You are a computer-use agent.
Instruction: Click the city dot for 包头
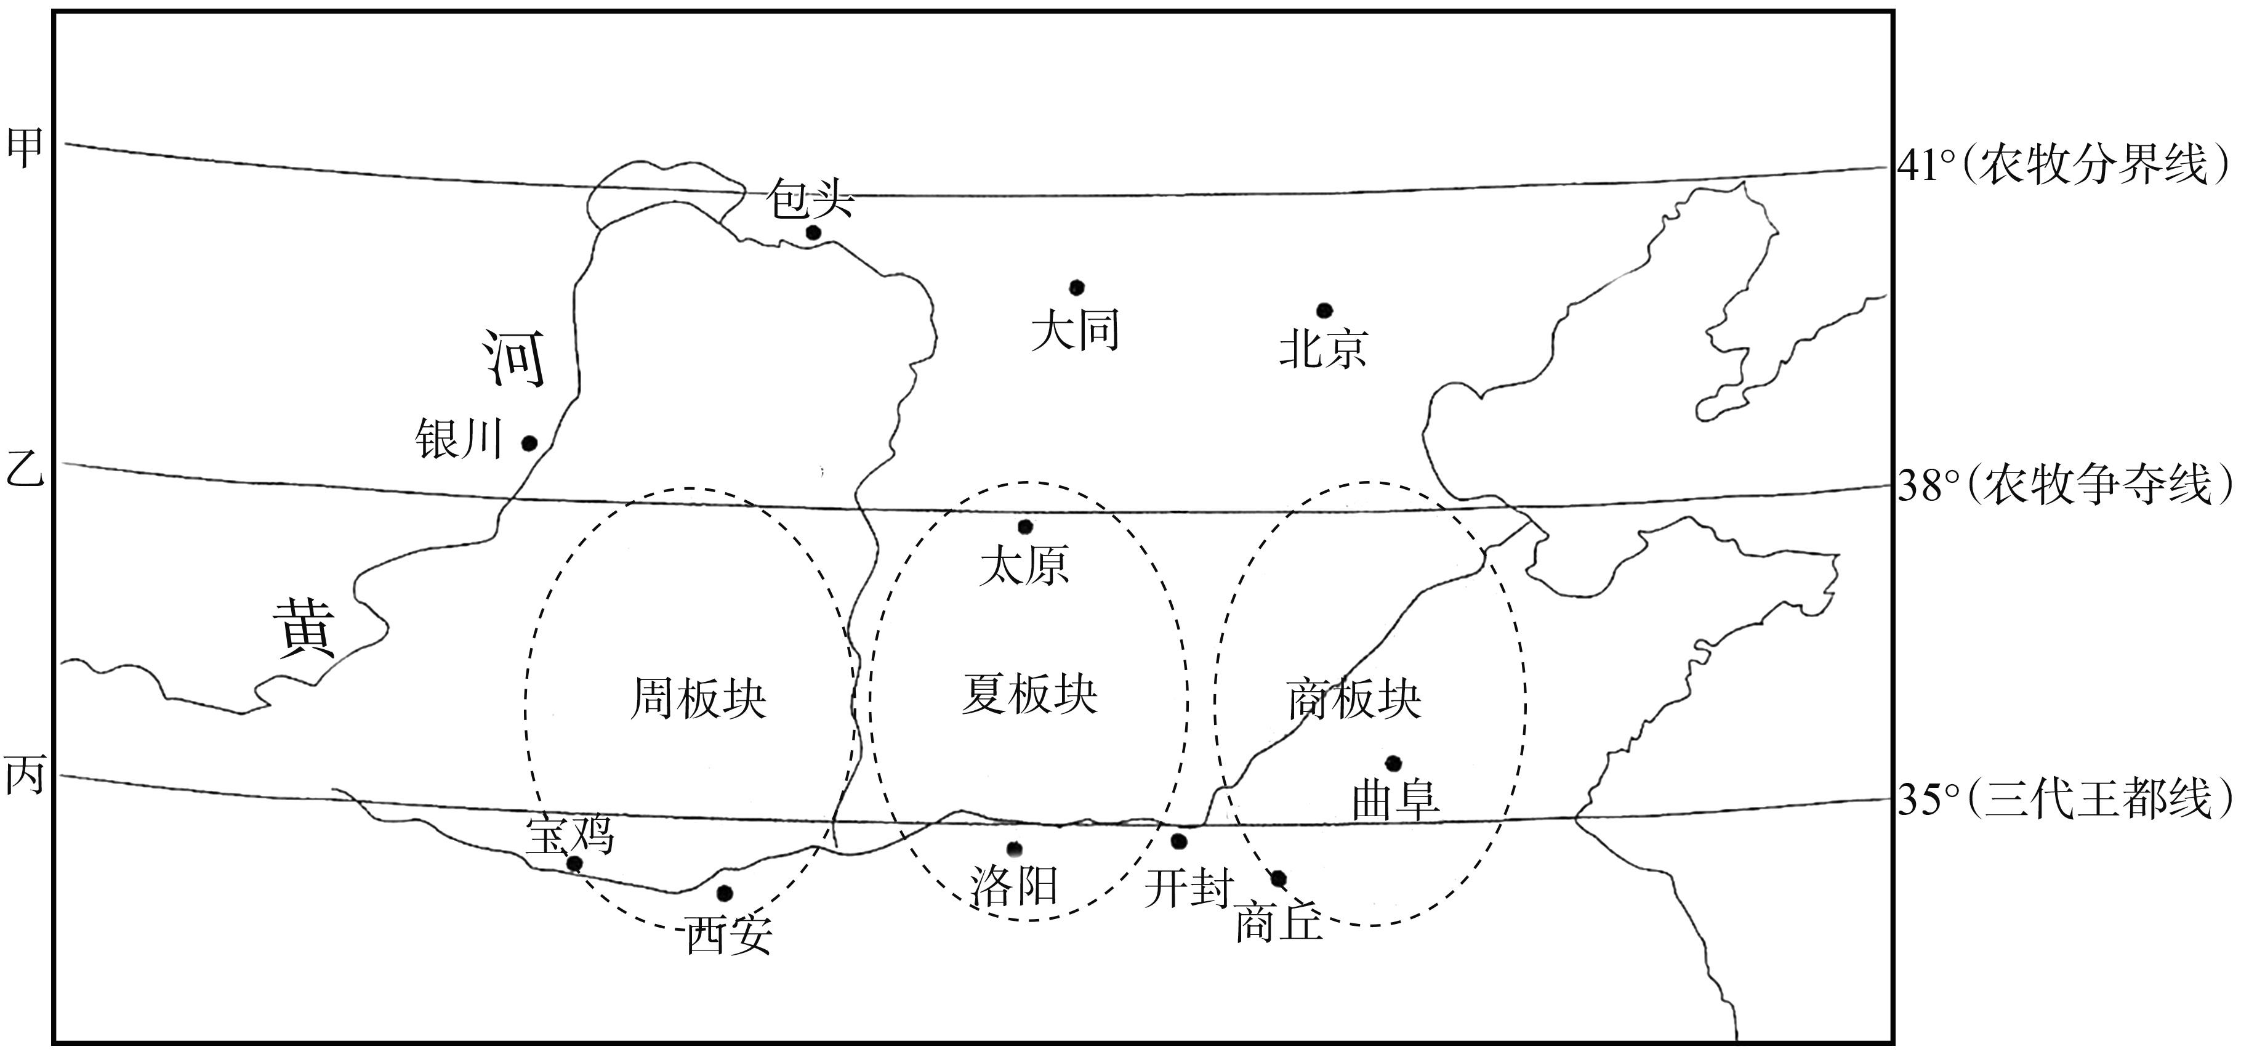(813, 232)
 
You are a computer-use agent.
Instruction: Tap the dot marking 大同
(1077, 288)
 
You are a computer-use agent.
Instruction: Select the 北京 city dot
(1324, 310)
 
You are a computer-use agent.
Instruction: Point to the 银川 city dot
(528, 443)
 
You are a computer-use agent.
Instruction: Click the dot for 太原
(1025, 527)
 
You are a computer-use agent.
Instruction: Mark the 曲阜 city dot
(1393, 763)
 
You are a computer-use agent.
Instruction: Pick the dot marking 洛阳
(1013, 849)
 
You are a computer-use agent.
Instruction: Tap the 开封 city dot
(1178, 841)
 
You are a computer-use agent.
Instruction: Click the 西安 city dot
(724, 893)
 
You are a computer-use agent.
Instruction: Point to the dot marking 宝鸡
(574, 864)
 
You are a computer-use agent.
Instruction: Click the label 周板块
(698, 699)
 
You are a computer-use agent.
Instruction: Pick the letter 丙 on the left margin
(25, 775)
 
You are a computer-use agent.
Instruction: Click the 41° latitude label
(1933, 165)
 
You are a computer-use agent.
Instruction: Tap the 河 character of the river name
(515, 359)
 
